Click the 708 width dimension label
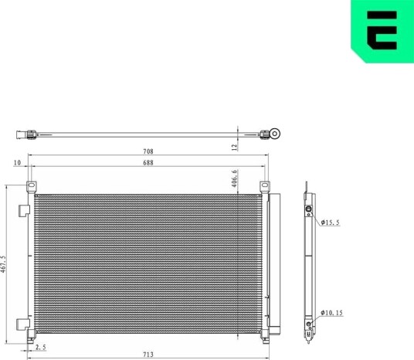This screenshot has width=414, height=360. pyautogui.click(x=148, y=151)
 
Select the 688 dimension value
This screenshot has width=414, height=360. pyautogui.click(x=148, y=163)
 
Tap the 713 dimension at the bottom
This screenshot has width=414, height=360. pyautogui.click(x=148, y=355)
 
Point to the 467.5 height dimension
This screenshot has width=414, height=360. pyautogui.click(x=3, y=264)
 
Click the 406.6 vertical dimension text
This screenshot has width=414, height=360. pyautogui.click(x=235, y=178)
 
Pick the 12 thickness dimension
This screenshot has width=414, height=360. pyautogui.click(x=235, y=148)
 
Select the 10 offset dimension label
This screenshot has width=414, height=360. pyautogui.click(x=17, y=163)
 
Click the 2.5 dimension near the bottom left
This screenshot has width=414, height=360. pyautogui.click(x=41, y=348)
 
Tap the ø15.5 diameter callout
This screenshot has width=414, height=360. pyautogui.click(x=330, y=222)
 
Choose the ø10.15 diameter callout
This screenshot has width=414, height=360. pyautogui.click(x=331, y=313)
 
